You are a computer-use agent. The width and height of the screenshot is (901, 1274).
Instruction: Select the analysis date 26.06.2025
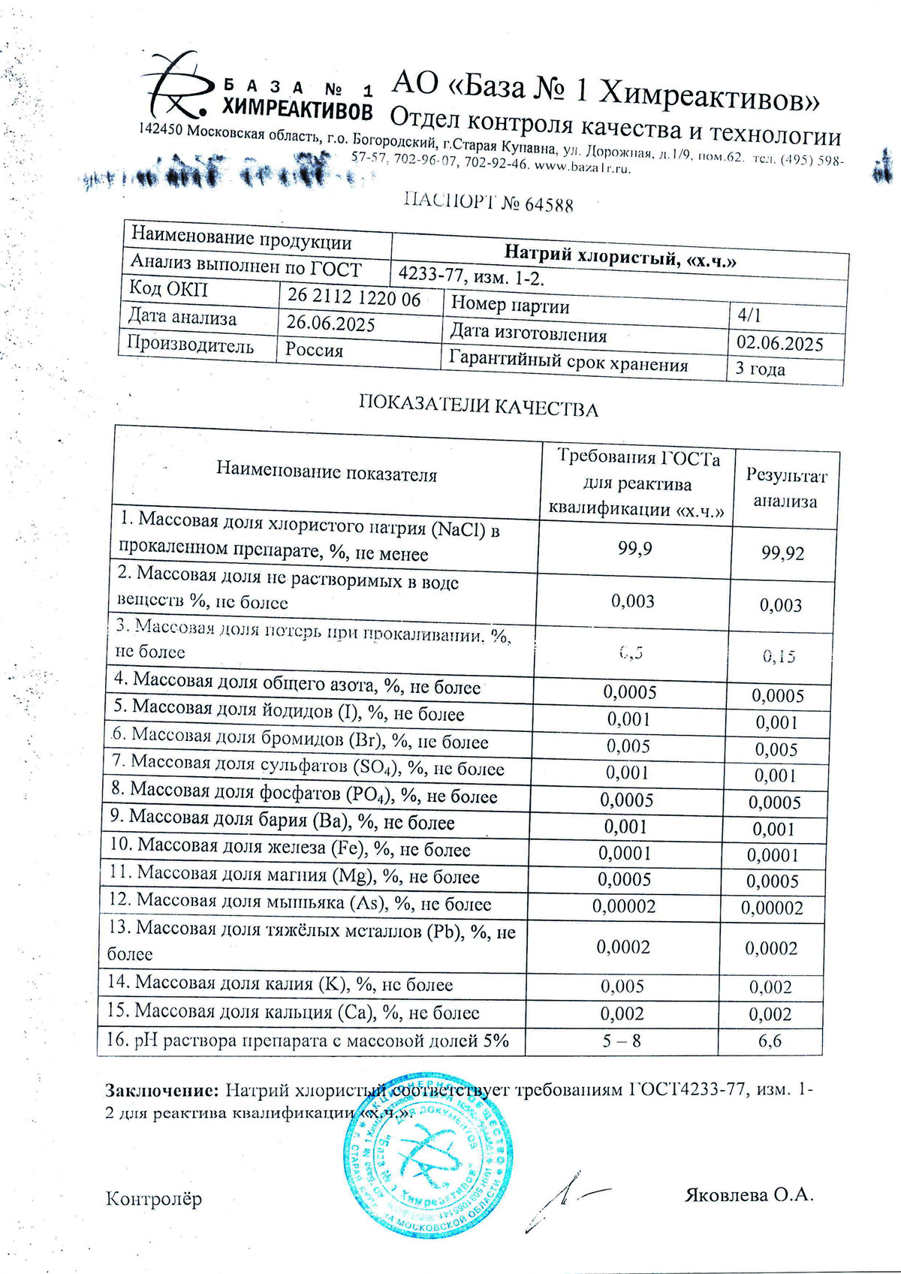(x=330, y=324)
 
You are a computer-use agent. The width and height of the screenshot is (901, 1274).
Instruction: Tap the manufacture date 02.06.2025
(x=779, y=344)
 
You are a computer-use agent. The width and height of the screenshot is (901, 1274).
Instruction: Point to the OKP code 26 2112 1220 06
(x=354, y=297)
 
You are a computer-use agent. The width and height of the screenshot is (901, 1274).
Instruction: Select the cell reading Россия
(x=314, y=351)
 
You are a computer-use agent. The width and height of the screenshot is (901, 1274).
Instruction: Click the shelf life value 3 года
(x=760, y=369)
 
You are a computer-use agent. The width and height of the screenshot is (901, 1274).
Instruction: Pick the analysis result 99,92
(x=782, y=554)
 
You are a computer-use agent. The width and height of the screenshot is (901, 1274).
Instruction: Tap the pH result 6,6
(x=770, y=1041)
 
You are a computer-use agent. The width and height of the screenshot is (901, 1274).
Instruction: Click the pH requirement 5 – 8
(x=622, y=1041)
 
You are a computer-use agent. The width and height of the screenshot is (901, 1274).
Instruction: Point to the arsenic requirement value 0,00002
(x=624, y=906)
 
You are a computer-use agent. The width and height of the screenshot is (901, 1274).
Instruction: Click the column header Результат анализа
(x=785, y=489)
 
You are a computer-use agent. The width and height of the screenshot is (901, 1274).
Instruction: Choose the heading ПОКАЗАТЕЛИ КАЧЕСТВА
(x=478, y=407)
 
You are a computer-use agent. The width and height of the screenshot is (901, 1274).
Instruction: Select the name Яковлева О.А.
(x=749, y=1194)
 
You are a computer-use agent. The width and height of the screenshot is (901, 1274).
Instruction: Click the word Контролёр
(x=154, y=1198)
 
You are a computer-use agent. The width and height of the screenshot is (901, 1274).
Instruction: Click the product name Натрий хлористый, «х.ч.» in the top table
(x=619, y=256)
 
